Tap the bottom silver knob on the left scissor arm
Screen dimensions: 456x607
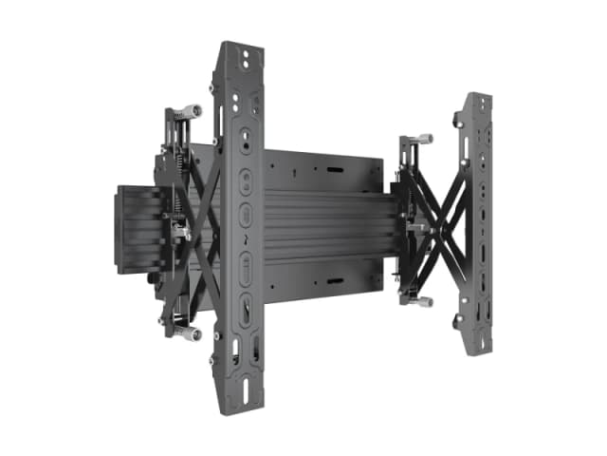point(193,334)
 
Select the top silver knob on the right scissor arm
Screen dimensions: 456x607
point(423,138)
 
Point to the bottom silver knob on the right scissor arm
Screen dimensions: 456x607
point(424,301)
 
